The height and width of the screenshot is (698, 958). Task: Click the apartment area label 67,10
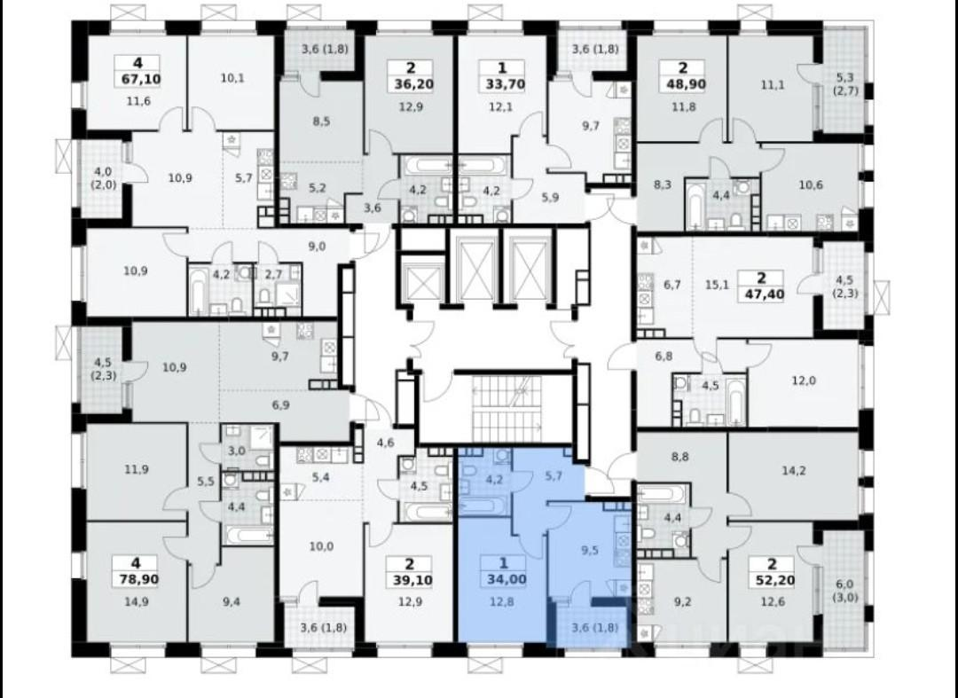click(137, 79)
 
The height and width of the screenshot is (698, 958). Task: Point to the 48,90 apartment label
click(682, 84)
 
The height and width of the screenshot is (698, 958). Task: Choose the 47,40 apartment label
click(761, 294)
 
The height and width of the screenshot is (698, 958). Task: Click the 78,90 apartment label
click(135, 578)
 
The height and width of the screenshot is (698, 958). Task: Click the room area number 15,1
click(717, 285)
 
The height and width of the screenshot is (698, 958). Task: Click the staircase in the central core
click(506, 408)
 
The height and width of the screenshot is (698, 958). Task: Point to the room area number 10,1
click(232, 78)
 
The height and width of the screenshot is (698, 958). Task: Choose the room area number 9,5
click(590, 550)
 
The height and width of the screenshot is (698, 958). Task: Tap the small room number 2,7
click(273, 275)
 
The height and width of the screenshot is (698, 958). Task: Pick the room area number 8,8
click(680, 456)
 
